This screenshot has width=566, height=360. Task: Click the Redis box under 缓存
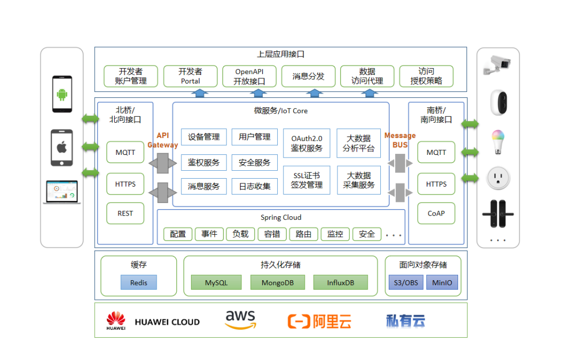[x=139, y=282]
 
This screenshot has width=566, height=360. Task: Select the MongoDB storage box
[x=278, y=282]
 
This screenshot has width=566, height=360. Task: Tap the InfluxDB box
[x=341, y=282]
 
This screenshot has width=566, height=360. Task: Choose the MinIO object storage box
[x=442, y=282]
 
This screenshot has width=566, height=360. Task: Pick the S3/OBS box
[x=406, y=282]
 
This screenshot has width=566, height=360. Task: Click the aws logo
[x=240, y=320]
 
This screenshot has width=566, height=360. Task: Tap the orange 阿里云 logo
[x=319, y=321]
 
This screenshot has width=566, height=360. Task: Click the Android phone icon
[x=62, y=94]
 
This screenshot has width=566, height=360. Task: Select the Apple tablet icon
[x=62, y=147]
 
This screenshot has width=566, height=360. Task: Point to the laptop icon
[x=62, y=192]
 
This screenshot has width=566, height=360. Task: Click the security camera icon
[x=497, y=64]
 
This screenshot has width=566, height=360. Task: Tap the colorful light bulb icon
[x=498, y=142]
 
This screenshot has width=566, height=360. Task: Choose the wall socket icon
[x=498, y=178]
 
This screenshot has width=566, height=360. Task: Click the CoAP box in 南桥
[x=436, y=213]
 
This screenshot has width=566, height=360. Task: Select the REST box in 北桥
[x=125, y=213]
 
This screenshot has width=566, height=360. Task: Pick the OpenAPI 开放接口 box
[x=250, y=76]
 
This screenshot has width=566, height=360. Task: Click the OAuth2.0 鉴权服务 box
[x=306, y=143]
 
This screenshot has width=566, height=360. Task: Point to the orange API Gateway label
[x=163, y=140]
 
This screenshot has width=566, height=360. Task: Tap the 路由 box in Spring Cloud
[x=304, y=234]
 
